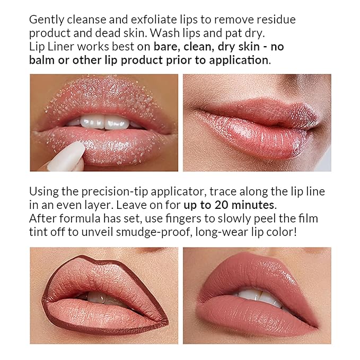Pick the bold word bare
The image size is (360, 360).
pyautogui.click(x=165, y=46)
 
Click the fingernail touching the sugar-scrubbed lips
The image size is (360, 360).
pyautogui.click(x=67, y=155)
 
